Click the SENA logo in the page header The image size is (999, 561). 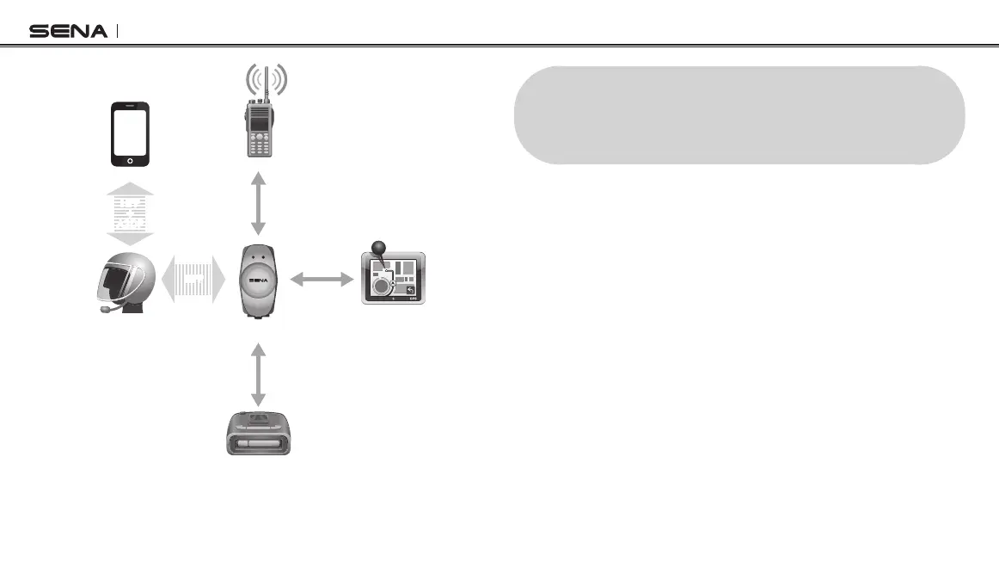click(69, 32)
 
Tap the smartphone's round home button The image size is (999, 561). click(130, 160)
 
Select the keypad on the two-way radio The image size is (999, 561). click(257, 145)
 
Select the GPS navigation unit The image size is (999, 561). click(393, 279)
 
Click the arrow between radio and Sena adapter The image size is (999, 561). click(257, 204)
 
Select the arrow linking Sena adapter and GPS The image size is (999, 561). click(322, 279)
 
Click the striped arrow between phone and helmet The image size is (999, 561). click(131, 213)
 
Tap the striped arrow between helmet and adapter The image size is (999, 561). click(193, 279)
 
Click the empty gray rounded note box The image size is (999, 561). click(739, 114)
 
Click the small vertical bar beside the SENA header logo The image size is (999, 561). click(117, 31)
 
